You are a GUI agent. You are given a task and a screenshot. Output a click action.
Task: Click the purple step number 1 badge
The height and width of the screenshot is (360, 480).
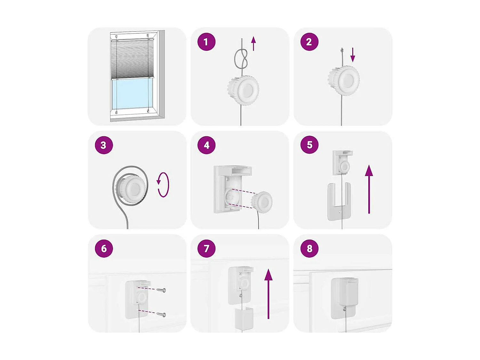pos(206,42)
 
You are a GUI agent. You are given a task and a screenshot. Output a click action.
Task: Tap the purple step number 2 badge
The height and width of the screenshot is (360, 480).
pos(309,42)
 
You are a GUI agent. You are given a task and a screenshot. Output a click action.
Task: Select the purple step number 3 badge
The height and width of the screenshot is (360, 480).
pos(104,145)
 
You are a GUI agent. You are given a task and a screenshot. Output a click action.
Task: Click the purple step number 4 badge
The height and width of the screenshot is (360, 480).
pos(206,145)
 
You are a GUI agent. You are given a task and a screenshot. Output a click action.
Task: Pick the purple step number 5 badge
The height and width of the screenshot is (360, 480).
pos(309,145)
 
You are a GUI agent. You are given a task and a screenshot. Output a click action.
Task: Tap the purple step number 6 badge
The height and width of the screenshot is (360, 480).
pos(104,249)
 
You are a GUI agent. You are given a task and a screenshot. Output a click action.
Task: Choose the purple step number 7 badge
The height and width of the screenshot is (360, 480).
pos(206,249)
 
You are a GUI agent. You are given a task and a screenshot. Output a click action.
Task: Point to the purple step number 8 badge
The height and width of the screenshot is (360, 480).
pos(309,249)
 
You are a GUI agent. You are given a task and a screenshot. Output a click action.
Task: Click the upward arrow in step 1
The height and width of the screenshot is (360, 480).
pos(253,44)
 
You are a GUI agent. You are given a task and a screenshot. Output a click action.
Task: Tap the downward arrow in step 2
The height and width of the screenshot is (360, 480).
pos(353,55)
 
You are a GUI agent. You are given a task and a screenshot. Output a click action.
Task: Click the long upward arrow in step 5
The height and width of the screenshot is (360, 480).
pos(369,189)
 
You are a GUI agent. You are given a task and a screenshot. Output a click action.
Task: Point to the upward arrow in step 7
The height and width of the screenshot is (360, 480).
pos(268,294)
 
